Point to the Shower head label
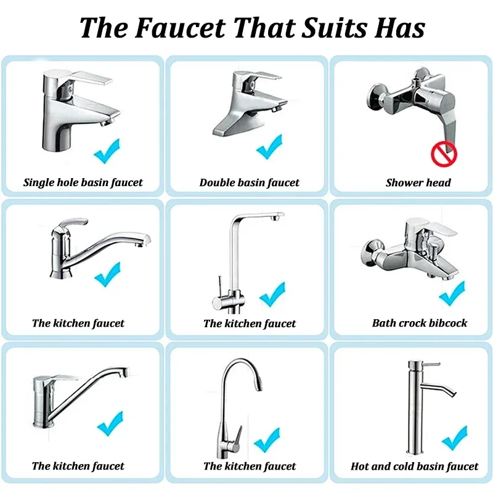click(418, 182)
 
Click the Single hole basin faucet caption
click(83, 182)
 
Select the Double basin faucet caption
click(250, 182)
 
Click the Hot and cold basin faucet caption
click(415, 467)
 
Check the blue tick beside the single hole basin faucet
click(107, 151)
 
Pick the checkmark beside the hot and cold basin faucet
click(454, 438)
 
